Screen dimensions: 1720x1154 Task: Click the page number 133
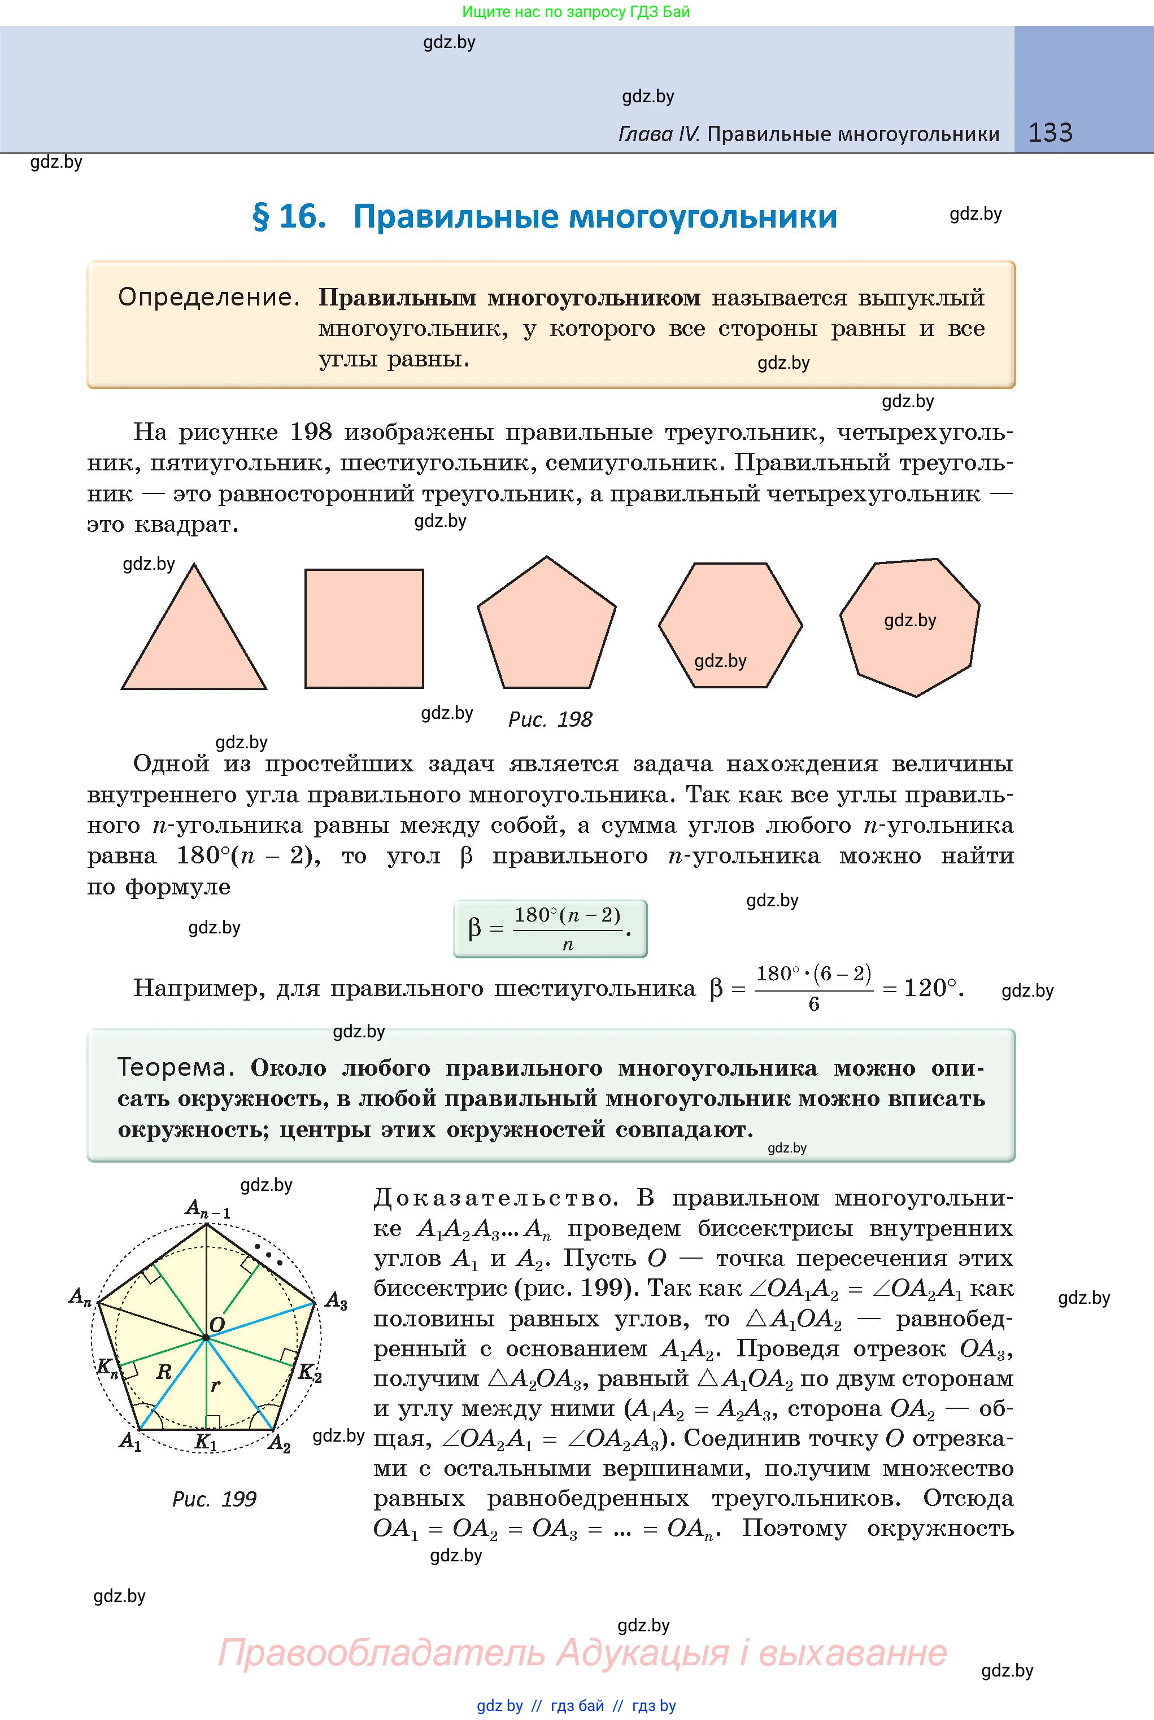click(1050, 133)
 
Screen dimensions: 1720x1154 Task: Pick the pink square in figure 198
click(364, 628)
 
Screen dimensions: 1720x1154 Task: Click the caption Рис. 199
click(214, 1499)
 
